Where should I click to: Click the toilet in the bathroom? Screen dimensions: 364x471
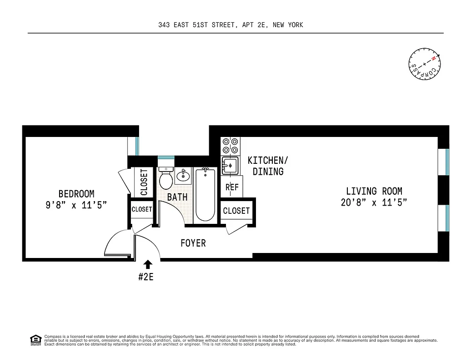click(x=166, y=179)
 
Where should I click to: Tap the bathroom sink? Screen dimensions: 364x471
click(x=184, y=176)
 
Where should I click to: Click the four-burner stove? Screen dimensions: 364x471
click(x=230, y=146)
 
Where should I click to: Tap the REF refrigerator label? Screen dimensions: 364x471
click(x=232, y=187)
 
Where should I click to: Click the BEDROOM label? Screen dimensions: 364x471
click(x=76, y=194)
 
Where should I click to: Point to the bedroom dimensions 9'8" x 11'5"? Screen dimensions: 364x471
click(x=76, y=205)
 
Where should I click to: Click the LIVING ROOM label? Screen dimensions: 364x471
click(x=374, y=192)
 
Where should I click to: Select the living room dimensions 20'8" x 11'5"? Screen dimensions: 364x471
click(x=374, y=203)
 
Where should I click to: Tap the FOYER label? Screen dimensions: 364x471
click(x=193, y=243)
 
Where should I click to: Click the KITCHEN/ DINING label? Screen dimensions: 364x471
click(x=268, y=166)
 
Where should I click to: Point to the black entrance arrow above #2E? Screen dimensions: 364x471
click(x=148, y=265)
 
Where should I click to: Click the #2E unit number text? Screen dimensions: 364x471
click(x=146, y=277)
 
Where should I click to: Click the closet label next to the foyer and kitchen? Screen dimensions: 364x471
click(x=236, y=211)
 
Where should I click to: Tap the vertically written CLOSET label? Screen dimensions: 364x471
click(x=144, y=182)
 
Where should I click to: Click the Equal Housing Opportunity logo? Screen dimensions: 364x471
click(x=35, y=339)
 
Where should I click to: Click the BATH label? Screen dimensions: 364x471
click(x=177, y=197)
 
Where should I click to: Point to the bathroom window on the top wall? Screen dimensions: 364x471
click(x=166, y=157)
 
